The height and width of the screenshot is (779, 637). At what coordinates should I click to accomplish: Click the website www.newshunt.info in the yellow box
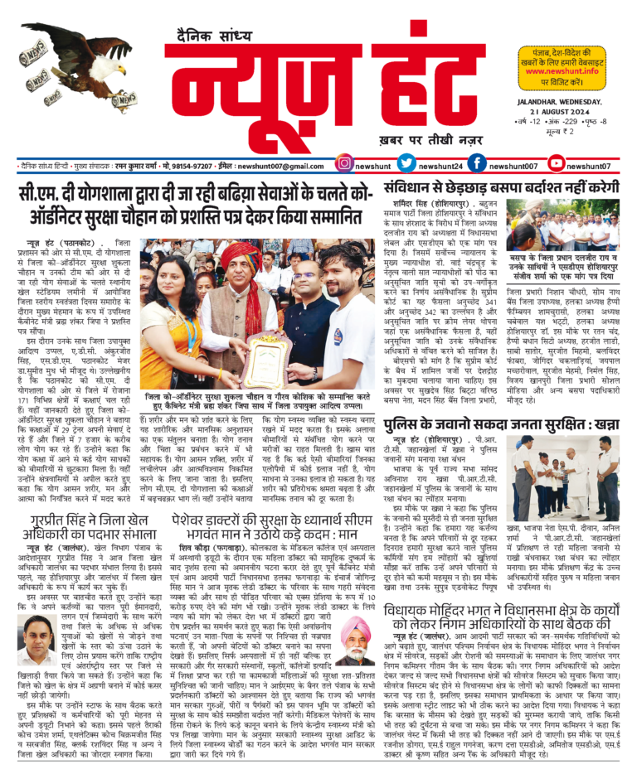[x=562, y=71]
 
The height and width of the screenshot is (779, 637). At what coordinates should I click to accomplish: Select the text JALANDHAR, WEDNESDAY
[x=555, y=101]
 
